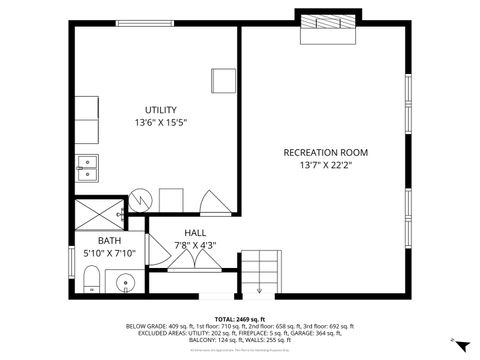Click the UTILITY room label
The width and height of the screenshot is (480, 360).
pyautogui.click(x=160, y=109)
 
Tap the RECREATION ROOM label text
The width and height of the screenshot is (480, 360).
pyautogui.click(x=326, y=152)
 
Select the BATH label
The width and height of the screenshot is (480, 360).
pyautogui.click(x=109, y=241)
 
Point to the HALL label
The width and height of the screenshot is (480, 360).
pyautogui.click(x=195, y=232)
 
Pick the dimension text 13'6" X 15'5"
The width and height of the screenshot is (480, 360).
pyautogui.click(x=160, y=122)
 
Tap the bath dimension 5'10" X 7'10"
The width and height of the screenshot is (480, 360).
pyautogui.click(x=109, y=253)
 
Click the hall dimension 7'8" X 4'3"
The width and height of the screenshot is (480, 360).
pyautogui.click(x=195, y=244)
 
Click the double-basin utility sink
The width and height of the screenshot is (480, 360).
pyautogui.click(x=87, y=167)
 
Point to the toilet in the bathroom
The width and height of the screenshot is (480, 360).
pyautogui.click(x=91, y=280)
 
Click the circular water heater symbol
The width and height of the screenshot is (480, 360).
pyautogui.click(x=141, y=199)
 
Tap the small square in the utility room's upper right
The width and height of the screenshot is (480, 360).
pyautogui.click(x=223, y=79)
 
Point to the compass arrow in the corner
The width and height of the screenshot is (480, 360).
pyautogui.click(x=460, y=343)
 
